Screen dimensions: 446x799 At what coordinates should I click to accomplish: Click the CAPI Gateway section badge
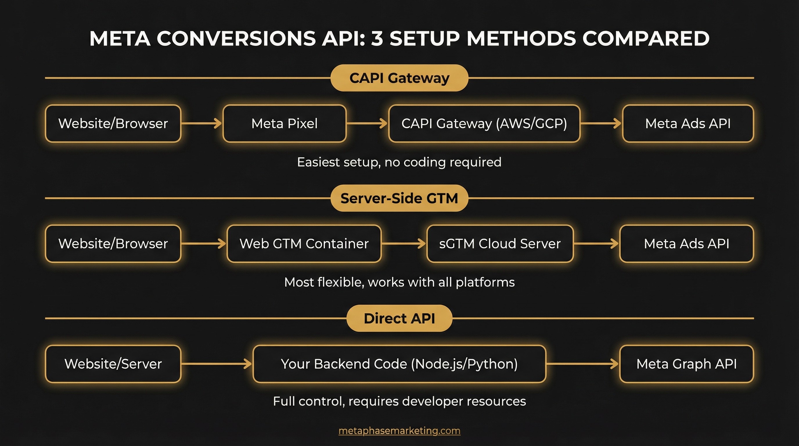pos(399,78)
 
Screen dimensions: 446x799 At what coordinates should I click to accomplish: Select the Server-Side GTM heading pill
pos(399,198)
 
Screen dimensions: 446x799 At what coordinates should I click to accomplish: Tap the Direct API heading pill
pos(399,318)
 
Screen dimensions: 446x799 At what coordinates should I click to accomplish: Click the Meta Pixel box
pos(285,123)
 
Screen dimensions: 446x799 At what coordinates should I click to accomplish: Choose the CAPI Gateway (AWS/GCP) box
pos(484,123)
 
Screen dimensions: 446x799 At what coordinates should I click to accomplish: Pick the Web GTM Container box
pos(304,243)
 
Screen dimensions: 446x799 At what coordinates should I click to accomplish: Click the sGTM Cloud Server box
pos(500,243)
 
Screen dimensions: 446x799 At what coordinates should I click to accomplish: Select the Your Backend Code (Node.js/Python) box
pos(399,364)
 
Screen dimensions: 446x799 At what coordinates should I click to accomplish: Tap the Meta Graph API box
pos(686,364)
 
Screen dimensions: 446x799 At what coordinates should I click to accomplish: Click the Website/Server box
pos(113,364)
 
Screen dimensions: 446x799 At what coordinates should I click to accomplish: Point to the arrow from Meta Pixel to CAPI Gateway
pos(367,123)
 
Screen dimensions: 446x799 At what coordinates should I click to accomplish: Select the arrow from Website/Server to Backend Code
pos(217,364)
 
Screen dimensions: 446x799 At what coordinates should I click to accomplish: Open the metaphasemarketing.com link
pos(399,431)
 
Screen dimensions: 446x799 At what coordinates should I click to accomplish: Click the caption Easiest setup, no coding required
pos(399,162)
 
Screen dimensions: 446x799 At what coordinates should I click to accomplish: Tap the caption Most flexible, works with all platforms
pos(399,282)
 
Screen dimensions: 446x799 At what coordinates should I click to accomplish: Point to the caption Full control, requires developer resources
pos(399,401)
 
